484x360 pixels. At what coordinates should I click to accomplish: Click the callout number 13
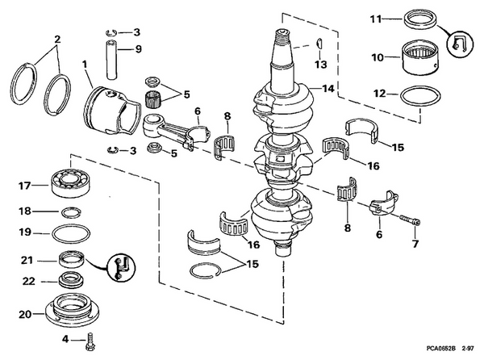(x=321, y=64)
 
